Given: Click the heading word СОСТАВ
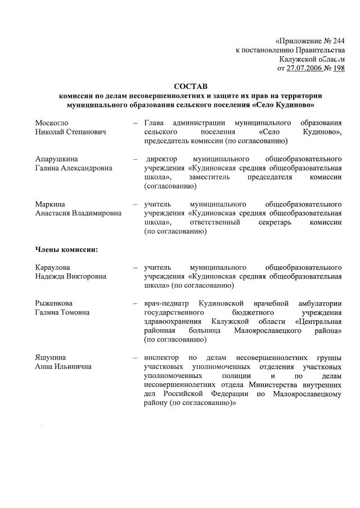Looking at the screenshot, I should point(191,86).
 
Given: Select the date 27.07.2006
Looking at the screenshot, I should point(304,68).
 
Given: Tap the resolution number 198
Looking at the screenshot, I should point(338,68).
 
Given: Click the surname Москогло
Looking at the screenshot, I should point(52,123).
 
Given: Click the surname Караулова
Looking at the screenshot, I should point(55,267).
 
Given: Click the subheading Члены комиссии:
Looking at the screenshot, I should point(66,249).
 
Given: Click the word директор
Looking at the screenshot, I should point(163,159).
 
